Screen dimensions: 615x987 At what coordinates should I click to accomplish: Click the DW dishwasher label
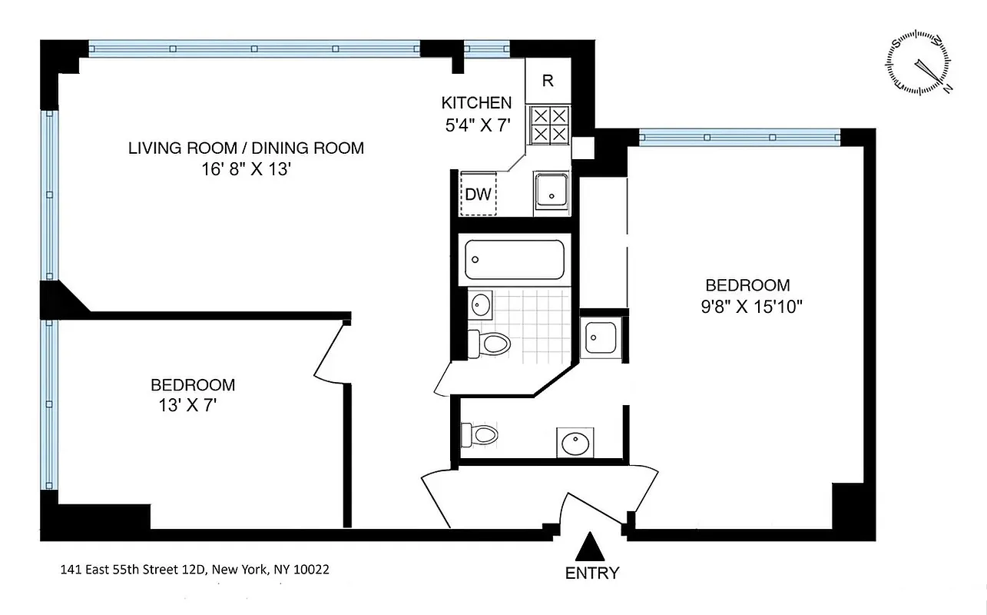478,194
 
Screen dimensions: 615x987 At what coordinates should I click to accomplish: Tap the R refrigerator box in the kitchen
548,81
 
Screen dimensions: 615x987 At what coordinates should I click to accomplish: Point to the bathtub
515,260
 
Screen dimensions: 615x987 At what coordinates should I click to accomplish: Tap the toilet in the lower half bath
481,434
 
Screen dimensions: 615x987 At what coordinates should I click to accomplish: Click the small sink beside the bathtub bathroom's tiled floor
481,305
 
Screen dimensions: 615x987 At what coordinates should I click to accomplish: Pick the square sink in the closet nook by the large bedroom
599,337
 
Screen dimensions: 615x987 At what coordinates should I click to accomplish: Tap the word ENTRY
591,573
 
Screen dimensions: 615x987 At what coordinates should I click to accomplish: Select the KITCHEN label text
476,103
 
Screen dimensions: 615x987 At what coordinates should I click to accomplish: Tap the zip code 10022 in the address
313,570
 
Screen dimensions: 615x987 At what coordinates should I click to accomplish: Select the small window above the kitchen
487,49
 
